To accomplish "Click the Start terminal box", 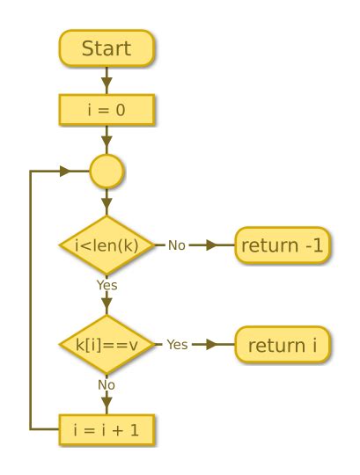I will (x=107, y=48).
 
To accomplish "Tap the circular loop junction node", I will (x=107, y=171).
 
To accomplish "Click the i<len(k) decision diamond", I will (x=107, y=245).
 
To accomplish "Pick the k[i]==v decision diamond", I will (x=107, y=344).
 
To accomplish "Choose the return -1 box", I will (x=283, y=245).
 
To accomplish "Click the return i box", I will (x=283, y=344).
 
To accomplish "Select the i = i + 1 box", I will (x=107, y=429).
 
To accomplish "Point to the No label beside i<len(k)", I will (x=176, y=245).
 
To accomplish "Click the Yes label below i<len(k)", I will (x=107, y=285).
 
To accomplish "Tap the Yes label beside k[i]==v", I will (x=177, y=344).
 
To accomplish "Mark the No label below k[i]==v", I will (x=107, y=384).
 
